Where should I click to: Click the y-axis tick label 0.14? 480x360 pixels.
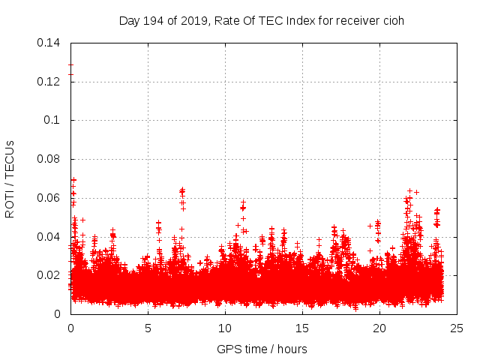49,43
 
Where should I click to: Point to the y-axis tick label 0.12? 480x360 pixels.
49,82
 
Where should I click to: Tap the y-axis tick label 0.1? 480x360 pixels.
53,120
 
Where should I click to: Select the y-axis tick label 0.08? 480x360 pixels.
49,159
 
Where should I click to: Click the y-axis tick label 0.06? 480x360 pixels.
49,198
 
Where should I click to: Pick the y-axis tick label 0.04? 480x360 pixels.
49,237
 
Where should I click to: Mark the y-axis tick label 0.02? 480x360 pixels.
49,275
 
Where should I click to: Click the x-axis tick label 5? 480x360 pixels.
148,328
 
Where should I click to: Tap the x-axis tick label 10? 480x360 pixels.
225,328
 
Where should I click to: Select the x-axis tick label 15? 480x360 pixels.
302,328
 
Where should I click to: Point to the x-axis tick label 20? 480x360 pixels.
379,328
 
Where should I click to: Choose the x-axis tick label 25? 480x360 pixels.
457,328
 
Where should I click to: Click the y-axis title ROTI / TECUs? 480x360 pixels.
10,178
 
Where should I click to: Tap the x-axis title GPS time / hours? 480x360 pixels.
262,349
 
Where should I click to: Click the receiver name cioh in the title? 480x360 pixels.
393,20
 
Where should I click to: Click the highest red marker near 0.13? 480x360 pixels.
70,64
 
